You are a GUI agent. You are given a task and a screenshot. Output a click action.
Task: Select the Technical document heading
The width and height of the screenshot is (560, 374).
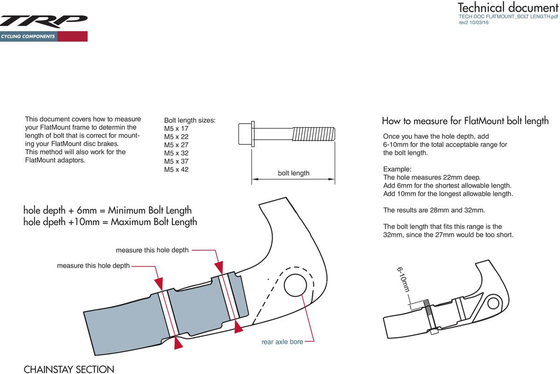508,7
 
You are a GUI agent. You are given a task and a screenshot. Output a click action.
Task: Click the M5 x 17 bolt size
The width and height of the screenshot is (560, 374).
176,128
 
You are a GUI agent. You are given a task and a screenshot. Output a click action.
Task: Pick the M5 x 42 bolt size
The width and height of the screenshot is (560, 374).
176,169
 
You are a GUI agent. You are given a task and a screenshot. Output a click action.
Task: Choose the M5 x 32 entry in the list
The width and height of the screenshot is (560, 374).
176,153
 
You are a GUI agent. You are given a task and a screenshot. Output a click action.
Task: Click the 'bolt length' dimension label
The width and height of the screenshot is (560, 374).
294,173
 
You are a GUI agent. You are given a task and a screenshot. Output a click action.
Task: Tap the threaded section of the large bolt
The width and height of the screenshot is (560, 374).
313,134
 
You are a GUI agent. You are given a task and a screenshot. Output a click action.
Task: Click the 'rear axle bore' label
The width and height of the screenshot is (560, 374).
282,342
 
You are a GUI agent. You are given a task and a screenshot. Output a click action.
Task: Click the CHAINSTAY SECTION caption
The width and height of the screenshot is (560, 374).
69,369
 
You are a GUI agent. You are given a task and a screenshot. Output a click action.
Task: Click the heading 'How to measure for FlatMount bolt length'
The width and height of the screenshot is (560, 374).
465,121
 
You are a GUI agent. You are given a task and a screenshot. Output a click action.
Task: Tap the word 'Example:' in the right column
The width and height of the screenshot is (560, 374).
397,169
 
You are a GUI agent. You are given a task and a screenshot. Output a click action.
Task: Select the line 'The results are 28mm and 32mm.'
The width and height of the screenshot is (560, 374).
434,210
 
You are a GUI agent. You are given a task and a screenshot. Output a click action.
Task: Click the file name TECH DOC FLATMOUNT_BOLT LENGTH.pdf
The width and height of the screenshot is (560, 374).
509,16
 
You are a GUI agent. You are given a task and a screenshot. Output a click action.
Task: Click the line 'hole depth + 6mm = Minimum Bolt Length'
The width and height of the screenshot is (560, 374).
107,211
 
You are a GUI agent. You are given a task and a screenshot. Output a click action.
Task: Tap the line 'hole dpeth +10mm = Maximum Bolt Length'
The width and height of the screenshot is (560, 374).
110,222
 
